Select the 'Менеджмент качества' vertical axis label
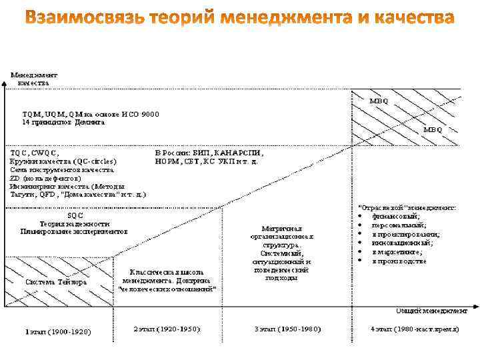(33, 79)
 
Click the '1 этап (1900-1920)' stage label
(58, 331)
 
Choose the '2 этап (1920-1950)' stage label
(167, 330)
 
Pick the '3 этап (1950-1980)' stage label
(287, 330)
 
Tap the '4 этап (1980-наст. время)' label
(413, 330)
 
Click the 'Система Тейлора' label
(56, 282)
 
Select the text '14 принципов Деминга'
(64, 123)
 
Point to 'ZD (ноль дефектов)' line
(46, 179)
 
